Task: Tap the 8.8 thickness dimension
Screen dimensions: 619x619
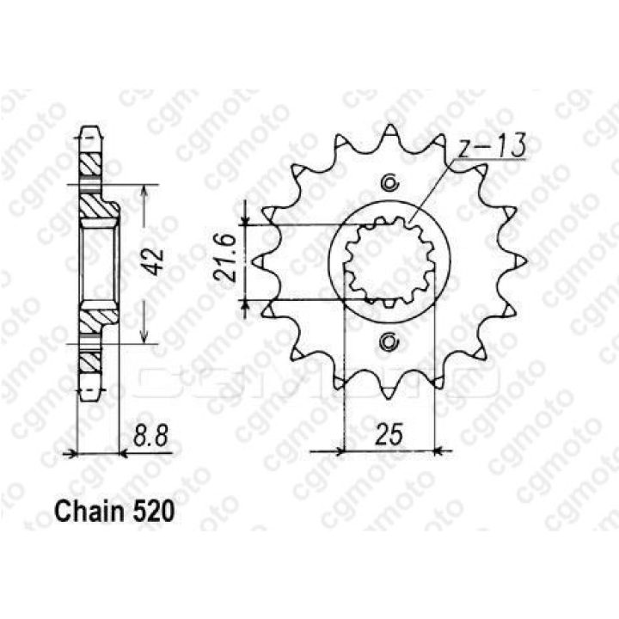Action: [150, 435]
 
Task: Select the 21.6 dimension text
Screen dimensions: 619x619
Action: [225, 258]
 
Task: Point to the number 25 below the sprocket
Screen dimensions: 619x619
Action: [389, 434]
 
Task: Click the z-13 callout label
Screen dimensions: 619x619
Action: [492, 146]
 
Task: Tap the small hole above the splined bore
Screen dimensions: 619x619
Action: [389, 183]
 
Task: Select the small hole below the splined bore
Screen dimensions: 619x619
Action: [389, 342]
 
